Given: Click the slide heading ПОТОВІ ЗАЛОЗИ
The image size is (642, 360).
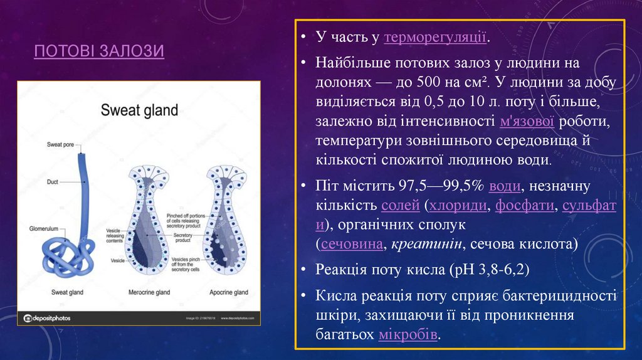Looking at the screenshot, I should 99,50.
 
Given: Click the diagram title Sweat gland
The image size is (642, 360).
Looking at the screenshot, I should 139,110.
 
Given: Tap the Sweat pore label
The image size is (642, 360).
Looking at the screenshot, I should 61,145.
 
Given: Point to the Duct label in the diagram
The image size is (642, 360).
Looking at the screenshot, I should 53,183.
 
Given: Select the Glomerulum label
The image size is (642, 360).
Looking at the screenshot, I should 43,228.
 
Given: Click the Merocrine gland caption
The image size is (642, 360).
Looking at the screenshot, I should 150,292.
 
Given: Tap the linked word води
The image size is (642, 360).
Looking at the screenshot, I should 503,186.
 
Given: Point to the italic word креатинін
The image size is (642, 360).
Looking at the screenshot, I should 424,243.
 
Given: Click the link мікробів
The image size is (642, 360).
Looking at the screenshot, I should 408,334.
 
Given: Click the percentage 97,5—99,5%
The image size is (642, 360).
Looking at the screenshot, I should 439,186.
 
